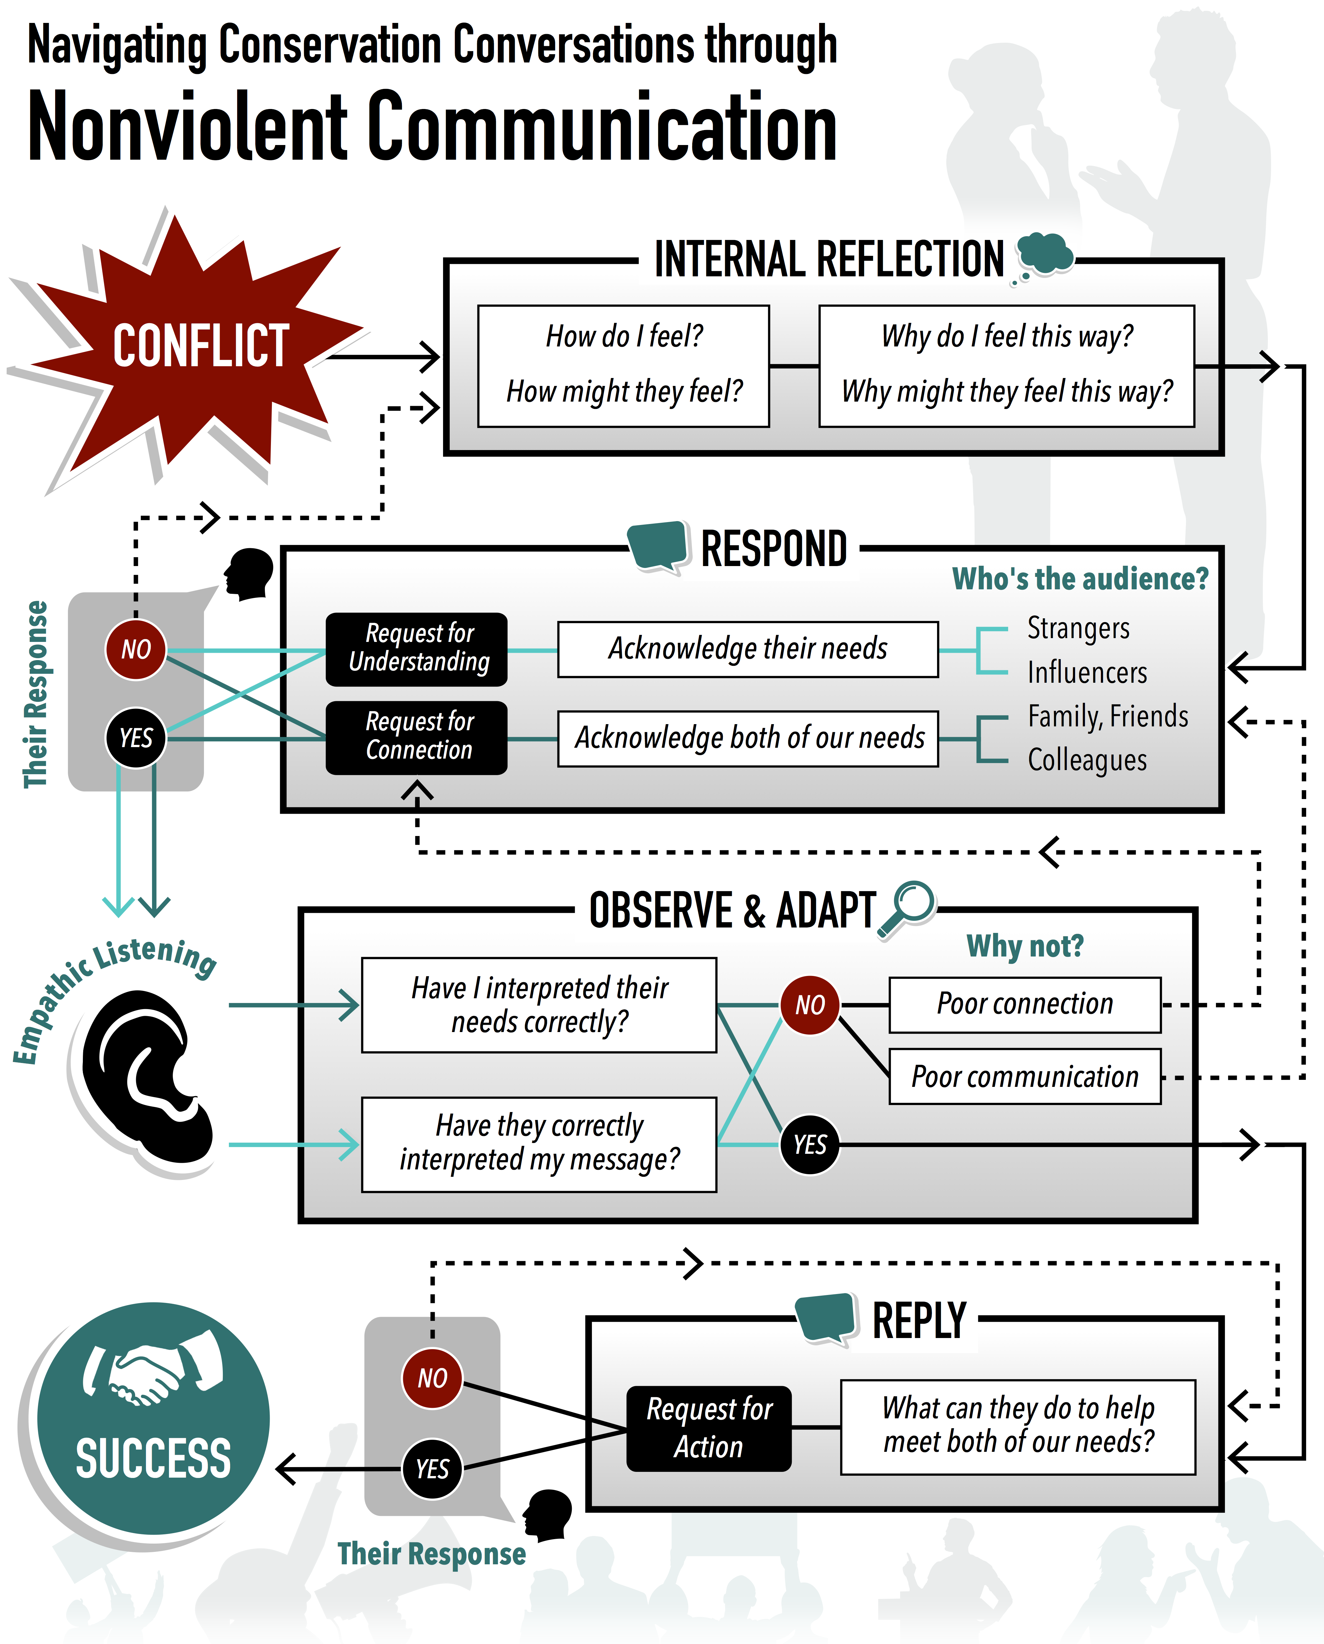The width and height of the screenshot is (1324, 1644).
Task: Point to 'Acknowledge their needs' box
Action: tap(747, 649)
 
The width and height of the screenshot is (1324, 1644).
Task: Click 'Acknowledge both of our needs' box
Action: tap(747, 738)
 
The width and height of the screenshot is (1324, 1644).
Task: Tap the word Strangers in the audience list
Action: tap(1078, 628)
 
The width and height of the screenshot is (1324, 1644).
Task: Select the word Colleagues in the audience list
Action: tap(1087, 760)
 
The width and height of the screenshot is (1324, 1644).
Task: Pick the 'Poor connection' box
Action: tap(1024, 1004)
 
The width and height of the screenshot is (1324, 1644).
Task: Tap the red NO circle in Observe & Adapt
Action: tap(810, 1005)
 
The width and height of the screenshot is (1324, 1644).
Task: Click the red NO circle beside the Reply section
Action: tap(432, 1378)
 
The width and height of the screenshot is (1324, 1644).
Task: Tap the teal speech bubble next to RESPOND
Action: tap(658, 544)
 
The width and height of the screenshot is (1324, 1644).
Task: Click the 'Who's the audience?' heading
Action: tap(1080, 579)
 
